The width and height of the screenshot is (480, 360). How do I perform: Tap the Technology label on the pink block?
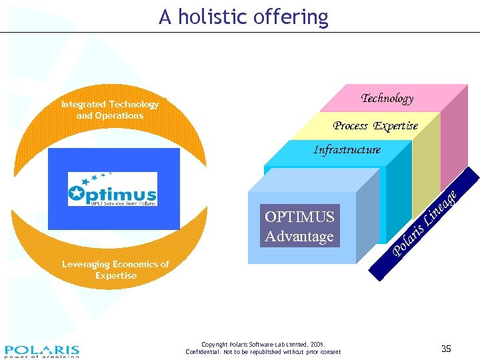pos(387,98)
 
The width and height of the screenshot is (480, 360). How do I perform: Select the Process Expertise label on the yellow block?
pos(375,125)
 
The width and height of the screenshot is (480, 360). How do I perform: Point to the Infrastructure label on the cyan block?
pos(347,149)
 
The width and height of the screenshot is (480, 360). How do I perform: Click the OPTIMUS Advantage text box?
pos(299,226)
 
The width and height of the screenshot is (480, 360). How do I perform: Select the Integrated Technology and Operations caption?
pos(110,110)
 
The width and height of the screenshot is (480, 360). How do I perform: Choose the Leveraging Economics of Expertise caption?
pos(115,269)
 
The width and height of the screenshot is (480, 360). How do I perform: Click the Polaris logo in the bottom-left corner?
pos(41,351)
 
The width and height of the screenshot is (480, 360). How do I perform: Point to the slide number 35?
pos(446,349)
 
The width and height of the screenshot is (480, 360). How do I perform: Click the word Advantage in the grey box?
pos(299,236)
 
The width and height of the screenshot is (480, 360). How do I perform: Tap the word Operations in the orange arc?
pos(119,115)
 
